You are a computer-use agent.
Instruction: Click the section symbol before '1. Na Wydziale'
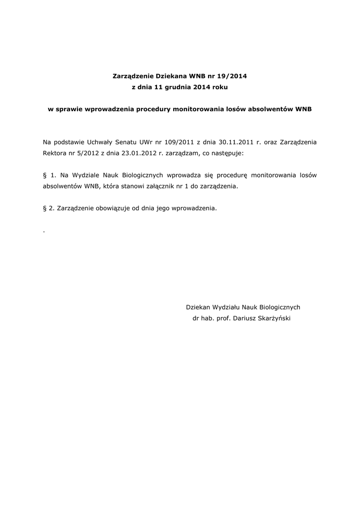[45, 175]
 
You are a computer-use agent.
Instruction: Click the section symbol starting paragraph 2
[45, 209]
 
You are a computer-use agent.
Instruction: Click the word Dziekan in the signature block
[198, 307]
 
